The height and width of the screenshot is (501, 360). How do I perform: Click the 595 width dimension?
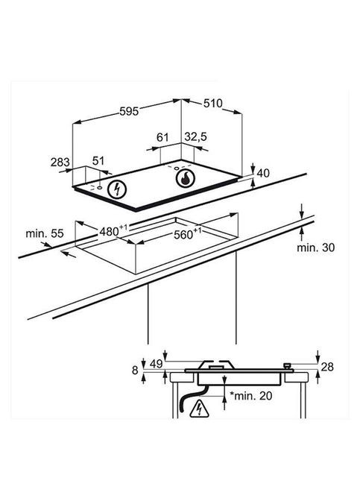129,111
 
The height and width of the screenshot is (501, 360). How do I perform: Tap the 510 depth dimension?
212,103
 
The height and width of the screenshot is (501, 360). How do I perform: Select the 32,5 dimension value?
196,136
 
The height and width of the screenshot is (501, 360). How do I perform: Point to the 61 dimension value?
162,137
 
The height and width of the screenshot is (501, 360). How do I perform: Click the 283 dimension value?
60,162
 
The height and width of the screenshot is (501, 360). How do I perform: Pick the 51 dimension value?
98,160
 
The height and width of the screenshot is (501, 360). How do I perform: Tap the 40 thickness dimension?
263,173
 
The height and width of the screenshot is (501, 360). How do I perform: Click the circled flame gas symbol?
185,178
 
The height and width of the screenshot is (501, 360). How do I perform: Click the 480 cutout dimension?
113,230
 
